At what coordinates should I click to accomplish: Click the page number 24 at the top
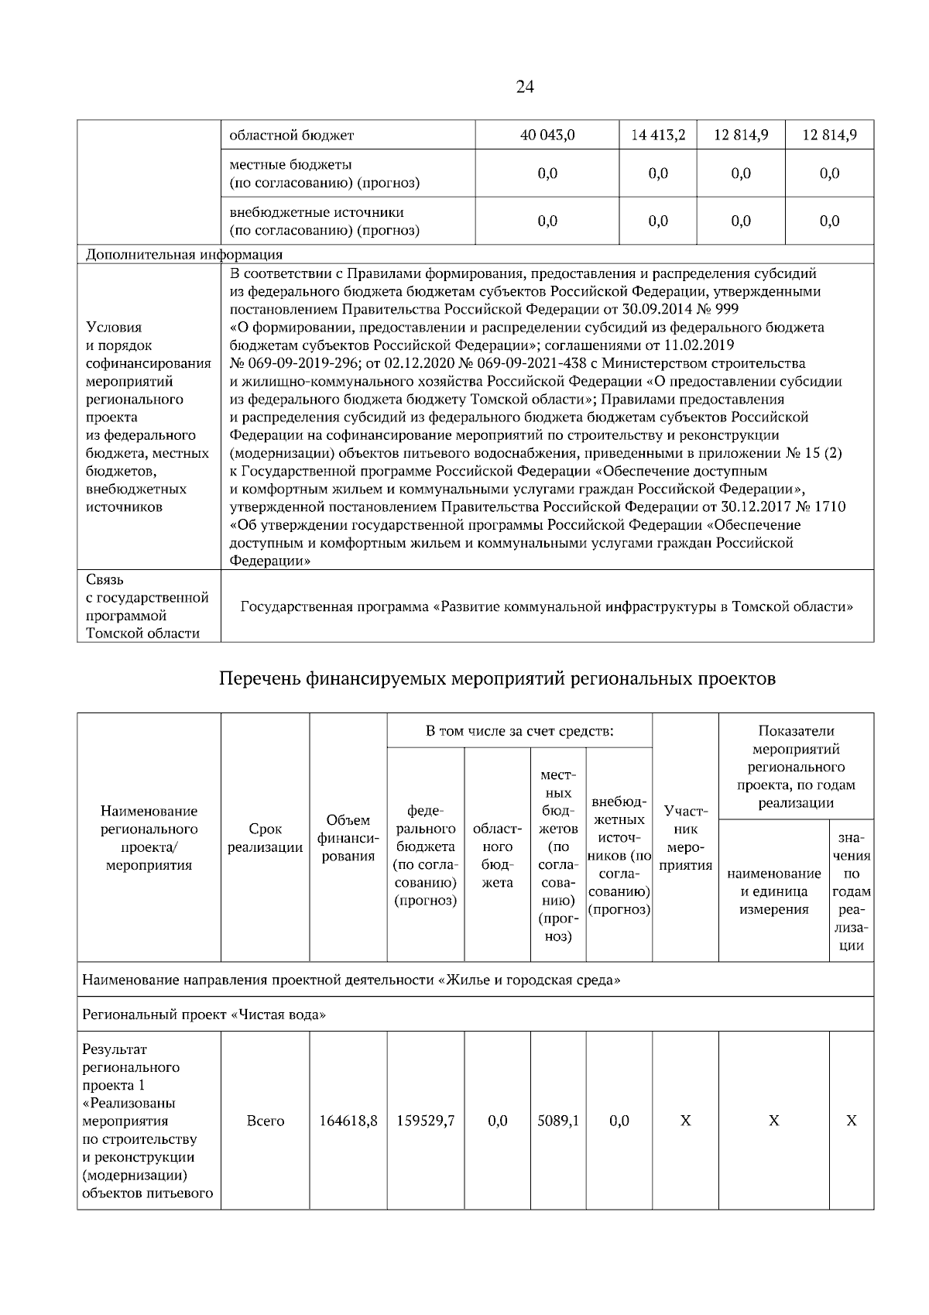[524, 87]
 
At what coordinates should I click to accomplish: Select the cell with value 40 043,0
[547, 135]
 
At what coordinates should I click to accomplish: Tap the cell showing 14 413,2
[658, 135]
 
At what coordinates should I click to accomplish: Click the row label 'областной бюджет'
[292, 136]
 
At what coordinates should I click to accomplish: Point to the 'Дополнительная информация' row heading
[183, 254]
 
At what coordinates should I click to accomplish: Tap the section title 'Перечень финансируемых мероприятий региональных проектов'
[497, 679]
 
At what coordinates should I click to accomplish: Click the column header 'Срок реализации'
[265, 838]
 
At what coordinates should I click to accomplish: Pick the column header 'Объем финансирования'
[348, 838]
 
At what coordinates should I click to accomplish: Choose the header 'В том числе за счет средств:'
[519, 730]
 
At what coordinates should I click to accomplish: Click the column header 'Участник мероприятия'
[685, 838]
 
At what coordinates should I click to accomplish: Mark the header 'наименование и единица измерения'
[773, 891]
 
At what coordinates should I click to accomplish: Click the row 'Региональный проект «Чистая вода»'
[204, 1015]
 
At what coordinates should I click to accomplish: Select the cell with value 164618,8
[348, 1121]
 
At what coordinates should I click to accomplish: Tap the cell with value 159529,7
[425, 1121]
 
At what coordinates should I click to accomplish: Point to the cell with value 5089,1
[558, 1121]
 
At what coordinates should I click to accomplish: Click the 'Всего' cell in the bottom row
[265, 1121]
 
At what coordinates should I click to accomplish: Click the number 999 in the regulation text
[726, 309]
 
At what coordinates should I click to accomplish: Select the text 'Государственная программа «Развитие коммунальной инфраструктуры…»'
[547, 606]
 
